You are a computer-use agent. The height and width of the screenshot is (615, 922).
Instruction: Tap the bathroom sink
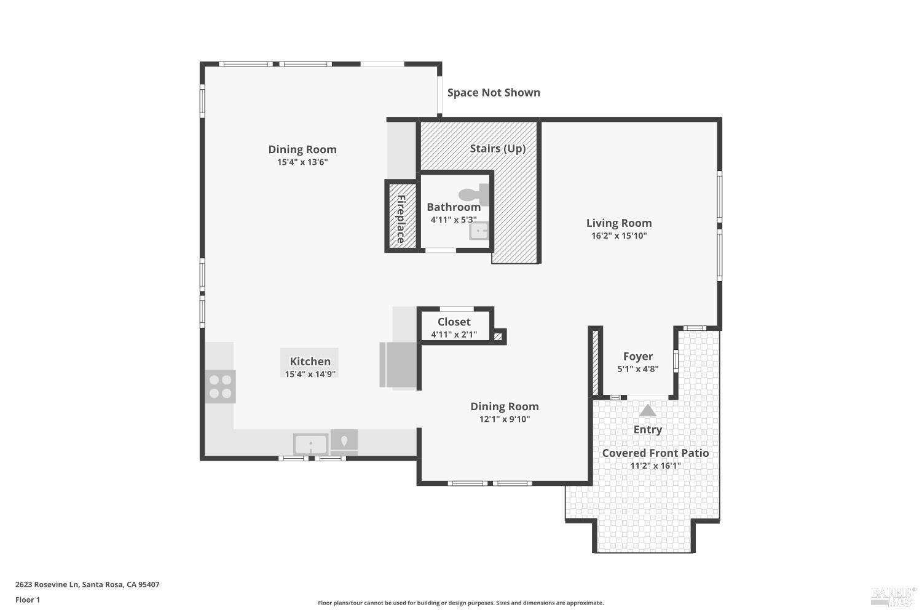point(478,231)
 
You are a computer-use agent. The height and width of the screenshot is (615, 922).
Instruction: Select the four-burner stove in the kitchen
point(220,386)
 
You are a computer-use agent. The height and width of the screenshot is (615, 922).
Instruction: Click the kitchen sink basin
point(310,443)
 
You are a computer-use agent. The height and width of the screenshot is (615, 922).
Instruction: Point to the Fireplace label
point(401,219)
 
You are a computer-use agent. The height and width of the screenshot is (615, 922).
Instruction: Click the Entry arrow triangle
point(647,411)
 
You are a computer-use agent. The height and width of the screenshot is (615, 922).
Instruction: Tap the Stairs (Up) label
point(497,148)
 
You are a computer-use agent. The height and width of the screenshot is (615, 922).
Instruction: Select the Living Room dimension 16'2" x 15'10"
point(619,236)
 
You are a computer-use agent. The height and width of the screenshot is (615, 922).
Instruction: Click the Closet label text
point(454,322)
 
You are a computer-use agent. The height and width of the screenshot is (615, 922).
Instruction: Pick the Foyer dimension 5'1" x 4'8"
point(638,369)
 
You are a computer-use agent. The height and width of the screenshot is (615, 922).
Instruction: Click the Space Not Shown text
point(494,93)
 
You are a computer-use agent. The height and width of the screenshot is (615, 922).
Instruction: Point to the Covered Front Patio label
point(655,453)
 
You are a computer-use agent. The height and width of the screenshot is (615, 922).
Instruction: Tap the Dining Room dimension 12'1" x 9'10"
point(505,419)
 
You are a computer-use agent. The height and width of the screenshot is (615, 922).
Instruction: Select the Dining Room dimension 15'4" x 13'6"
point(302,162)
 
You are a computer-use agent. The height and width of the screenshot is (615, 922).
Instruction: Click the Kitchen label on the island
point(310,362)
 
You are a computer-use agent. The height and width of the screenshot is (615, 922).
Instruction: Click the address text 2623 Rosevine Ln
point(47,585)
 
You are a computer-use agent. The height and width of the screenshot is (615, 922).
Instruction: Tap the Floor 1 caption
point(28,600)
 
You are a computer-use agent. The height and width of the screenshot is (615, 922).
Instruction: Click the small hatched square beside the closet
point(498,336)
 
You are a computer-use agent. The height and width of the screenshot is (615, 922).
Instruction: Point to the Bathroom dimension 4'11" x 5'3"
point(454,220)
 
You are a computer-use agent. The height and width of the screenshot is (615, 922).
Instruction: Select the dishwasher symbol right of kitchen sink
point(344,441)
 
